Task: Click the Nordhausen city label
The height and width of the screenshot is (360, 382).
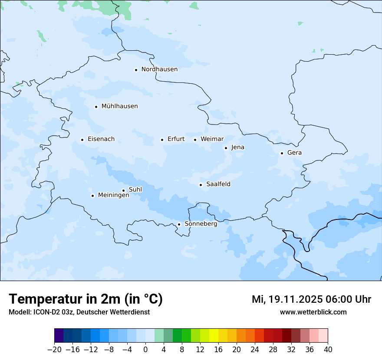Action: click(x=159, y=69)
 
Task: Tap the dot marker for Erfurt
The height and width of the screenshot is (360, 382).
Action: click(x=162, y=140)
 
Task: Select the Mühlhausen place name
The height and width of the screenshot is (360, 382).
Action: click(x=119, y=106)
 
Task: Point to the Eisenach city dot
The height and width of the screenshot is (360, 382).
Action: click(x=82, y=140)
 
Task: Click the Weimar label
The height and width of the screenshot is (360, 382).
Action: click(x=212, y=139)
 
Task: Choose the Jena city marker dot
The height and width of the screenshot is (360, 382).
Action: click(x=226, y=148)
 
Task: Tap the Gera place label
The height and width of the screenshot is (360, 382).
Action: click(x=294, y=153)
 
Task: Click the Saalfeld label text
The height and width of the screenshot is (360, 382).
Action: click(x=218, y=184)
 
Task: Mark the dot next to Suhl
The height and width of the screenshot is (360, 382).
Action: click(x=123, y=190)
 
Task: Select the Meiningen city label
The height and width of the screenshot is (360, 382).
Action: click(x=113, y=196)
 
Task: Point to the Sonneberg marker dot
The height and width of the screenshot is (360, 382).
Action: click(x=179, y=225)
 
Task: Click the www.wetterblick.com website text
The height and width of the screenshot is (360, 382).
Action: click(x=313, y=312)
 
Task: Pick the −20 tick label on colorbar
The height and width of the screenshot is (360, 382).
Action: click(x=55, y=350)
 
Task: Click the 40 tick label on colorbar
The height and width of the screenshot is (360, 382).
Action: click(x=328, y=350)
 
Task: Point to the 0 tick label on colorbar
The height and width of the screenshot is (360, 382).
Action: click(x=145, y=350)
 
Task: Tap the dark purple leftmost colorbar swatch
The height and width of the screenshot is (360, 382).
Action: click(x=59, y=336)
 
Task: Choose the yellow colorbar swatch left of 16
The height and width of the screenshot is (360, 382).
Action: click(x=214, y=336)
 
